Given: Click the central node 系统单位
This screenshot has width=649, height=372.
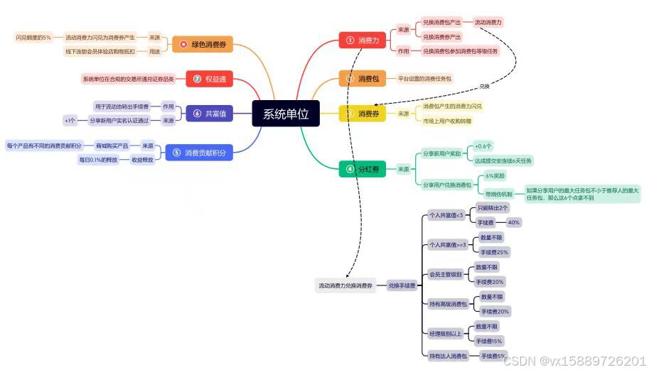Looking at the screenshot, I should (286, 114).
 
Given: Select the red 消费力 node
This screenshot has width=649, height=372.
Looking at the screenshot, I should (362, 40).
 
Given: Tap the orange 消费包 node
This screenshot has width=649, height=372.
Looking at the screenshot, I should (362, 79).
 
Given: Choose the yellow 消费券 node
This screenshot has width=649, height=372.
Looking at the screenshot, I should (362, 114).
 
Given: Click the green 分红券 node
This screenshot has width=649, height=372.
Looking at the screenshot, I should (362, 169).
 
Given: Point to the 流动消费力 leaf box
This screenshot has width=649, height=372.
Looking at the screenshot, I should (488, 22).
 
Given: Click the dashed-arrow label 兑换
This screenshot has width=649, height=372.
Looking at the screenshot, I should (484, 86).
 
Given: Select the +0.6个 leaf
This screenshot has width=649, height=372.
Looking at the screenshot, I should (483, 146).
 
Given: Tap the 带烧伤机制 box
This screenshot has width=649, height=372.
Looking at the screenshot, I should (499, 194).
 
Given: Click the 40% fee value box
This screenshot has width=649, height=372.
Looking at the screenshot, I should (513, 222).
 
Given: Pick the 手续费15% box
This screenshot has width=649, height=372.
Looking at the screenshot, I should (489, 341).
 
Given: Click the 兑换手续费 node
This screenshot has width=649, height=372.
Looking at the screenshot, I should (402, 285).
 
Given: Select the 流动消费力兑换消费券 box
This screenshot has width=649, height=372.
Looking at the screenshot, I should (345, 285).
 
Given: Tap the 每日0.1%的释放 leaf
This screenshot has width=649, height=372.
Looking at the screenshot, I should (98, 160).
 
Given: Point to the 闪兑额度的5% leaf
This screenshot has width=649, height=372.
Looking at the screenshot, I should (33, 37).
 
